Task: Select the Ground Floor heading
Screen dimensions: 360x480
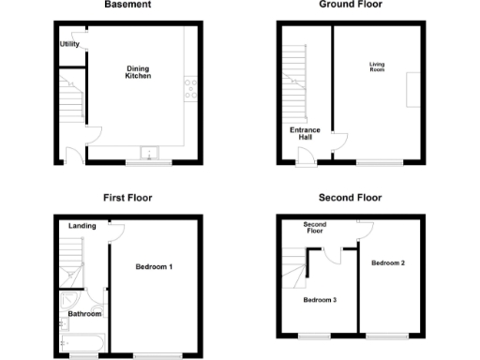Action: click(x=350, y=5)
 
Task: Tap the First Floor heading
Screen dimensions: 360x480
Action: click(x=127, y=198)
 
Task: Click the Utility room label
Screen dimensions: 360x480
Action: click(x=68, y=44)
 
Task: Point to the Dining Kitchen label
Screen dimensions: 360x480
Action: click(x=139, y=71)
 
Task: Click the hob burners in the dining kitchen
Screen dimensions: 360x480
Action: click(x=189, y=90)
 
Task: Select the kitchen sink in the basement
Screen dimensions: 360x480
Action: click(x=148, y=153)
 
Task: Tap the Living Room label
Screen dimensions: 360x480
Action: click(x=377, y=67)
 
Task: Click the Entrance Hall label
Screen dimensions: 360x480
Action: click(x=301, y=133)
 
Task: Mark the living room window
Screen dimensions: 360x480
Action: click(x=380, y=164)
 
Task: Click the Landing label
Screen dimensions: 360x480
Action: click(x=82, y=226)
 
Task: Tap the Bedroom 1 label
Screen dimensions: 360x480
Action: click(x=155, y=267)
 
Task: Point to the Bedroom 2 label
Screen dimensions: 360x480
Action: click(x=387, y=262)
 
